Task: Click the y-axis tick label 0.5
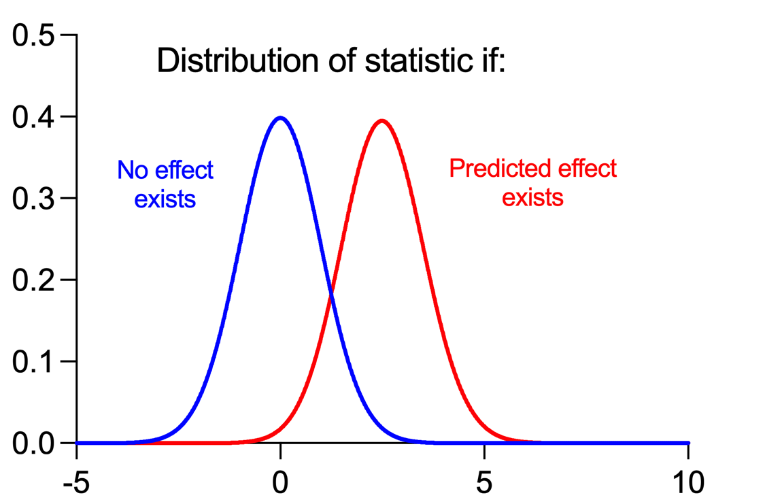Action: point(34,35)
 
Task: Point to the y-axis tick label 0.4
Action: point(34,117)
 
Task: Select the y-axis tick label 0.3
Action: point(34,199)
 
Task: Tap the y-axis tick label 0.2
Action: point(34,280)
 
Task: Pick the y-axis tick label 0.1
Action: point(34,362)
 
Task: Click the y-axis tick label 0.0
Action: point(34,444)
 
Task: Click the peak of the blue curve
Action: point(280,118)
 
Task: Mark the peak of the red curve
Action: point(382,121)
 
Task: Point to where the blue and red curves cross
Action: point(331,293)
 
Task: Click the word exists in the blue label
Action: point(165,199)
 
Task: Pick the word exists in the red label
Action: point(532,198)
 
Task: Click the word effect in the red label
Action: point(585,169)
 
